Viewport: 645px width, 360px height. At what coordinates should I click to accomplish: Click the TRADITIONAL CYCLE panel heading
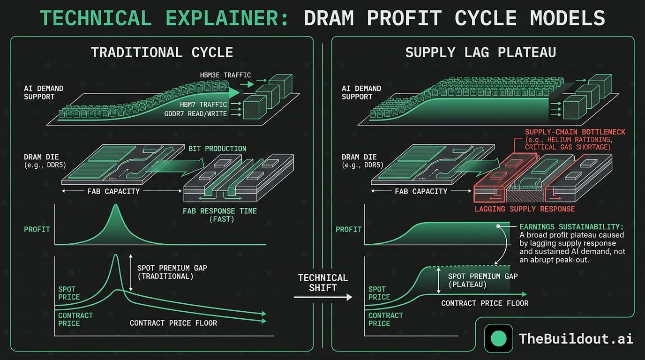click(162, 52)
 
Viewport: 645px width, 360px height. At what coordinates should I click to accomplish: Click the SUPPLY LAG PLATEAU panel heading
click(480, 52)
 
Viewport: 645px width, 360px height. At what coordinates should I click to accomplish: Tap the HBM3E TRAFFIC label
click(226, 75)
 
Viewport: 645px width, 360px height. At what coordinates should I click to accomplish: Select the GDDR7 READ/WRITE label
click(195, 114)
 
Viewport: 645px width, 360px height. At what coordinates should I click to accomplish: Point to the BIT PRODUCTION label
click(217, 149)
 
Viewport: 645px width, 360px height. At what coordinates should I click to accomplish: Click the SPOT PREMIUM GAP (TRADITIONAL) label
click(172, 272)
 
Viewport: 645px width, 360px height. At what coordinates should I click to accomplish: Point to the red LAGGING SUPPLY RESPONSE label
click(525, 209)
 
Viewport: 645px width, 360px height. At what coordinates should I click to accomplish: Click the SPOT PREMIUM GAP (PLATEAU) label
click(483, 280)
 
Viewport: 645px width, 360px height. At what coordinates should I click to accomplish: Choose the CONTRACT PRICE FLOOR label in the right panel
click(485, 303)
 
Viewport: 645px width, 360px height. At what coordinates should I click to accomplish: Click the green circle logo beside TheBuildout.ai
click(498, 338)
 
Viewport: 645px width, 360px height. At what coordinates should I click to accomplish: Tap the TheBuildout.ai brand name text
click(576, 338)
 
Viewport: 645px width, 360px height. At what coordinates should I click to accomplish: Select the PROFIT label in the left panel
click(37, 229)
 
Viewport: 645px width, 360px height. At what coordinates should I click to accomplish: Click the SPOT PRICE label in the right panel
click(379, 293)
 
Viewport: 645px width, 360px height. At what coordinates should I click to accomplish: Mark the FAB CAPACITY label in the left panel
click(113, 191)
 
